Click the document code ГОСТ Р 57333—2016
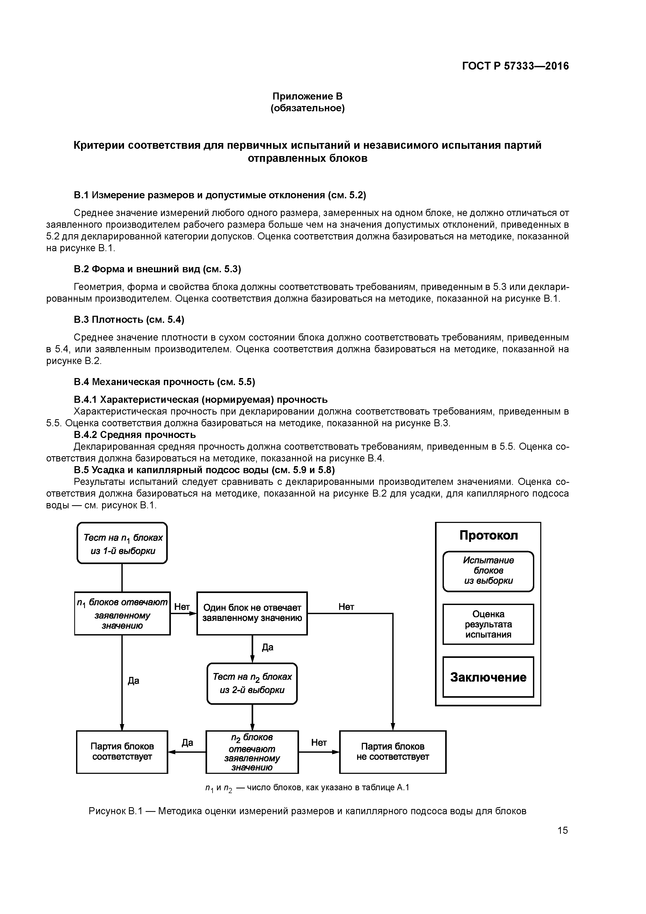tap(515, 66)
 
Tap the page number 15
tap(562, 830)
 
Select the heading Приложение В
tap(307, 96)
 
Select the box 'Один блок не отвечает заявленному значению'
tap(252, 613)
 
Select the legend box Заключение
tap(488, 677)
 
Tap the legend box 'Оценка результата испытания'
tap(488, 624)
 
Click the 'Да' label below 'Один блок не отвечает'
tap(268, 647)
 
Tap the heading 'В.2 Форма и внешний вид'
tap(158, 269)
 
